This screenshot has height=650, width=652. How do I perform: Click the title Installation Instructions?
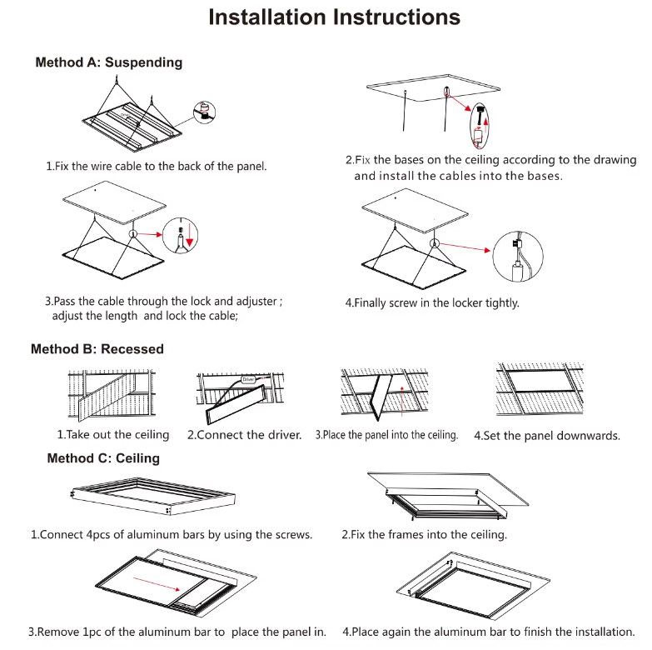click(x=334, y=17)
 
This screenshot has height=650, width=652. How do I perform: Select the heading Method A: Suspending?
click(x=108, y=62)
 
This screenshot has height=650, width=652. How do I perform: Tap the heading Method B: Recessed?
click(x=97, y=349)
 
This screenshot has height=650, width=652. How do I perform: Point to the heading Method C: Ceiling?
click(x=103, y=458)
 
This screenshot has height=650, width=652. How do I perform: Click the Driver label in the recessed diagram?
click(x=248, y=379)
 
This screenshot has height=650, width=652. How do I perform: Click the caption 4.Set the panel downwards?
click(x=546, y=436)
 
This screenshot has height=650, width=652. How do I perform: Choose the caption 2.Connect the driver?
click(x=244, y=435)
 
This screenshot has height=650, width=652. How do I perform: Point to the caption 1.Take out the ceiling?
click(x=112, y=435)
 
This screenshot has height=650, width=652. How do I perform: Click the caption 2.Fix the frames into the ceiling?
click(x=424, y=534)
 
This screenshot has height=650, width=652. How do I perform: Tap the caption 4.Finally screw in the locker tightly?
click(x=432, y=303)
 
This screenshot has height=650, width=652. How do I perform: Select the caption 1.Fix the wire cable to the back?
click(x=156, y=167)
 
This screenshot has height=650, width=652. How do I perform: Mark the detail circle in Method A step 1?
click(x=203, y=112)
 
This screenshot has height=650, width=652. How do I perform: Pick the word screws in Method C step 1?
click(x=291, y=534)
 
